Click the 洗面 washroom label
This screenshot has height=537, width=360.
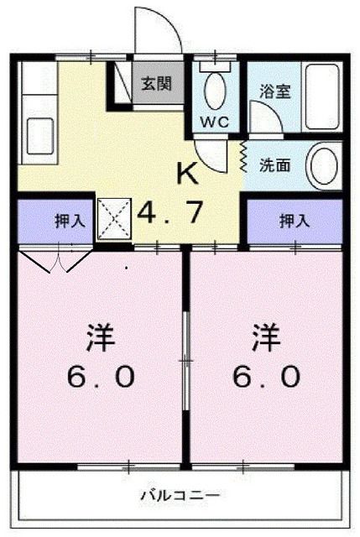pos(274,164)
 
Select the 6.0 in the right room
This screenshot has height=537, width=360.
pos(266,378)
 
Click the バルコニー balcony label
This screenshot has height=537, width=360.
pos(180,495)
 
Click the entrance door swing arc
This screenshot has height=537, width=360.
pos(159,29)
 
